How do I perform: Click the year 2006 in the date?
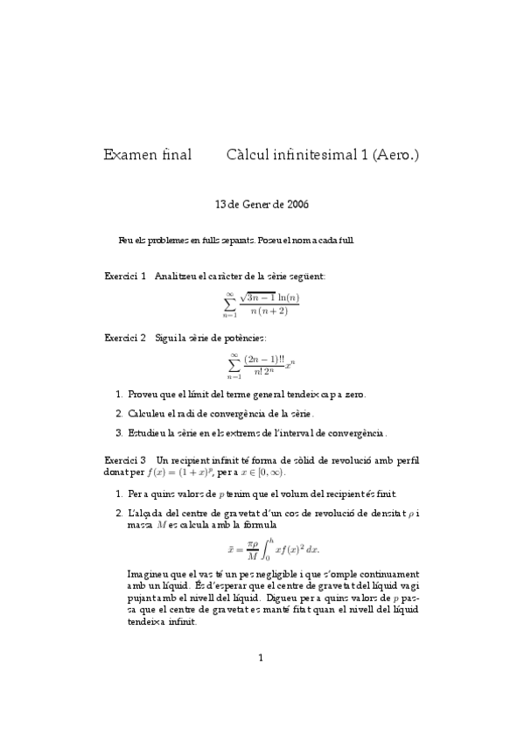[x=297, y=205]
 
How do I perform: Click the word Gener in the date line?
[x=258, y=205]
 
